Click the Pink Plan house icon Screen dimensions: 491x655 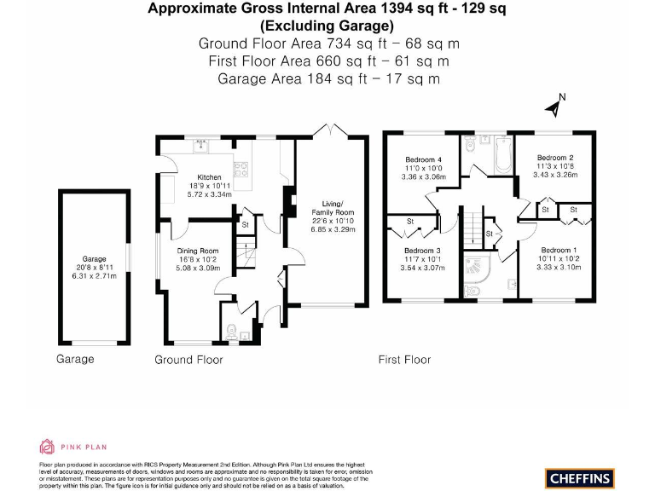pyautogui.click(x=48, y=446)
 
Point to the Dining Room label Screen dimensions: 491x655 pyautogui.click(x=198, y=251)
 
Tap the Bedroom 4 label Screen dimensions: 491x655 pyautogui.click(x=424, y=160)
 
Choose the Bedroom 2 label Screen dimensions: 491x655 pyautogui.click(x=554, y=157)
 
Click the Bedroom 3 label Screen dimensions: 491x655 pyautogui.click(x=424, y=251)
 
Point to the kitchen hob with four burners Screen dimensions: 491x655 pyautogui.click(x=241, y=168)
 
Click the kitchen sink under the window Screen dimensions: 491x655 pyautogui.click(x=202, y=144)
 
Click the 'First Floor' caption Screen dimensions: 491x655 pyautogui.click(x=404, y=361)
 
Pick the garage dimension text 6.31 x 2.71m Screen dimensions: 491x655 pyautogui.click(x=93, y=276)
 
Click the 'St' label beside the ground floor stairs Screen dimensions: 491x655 pyautogui.click(x=245, y=225)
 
